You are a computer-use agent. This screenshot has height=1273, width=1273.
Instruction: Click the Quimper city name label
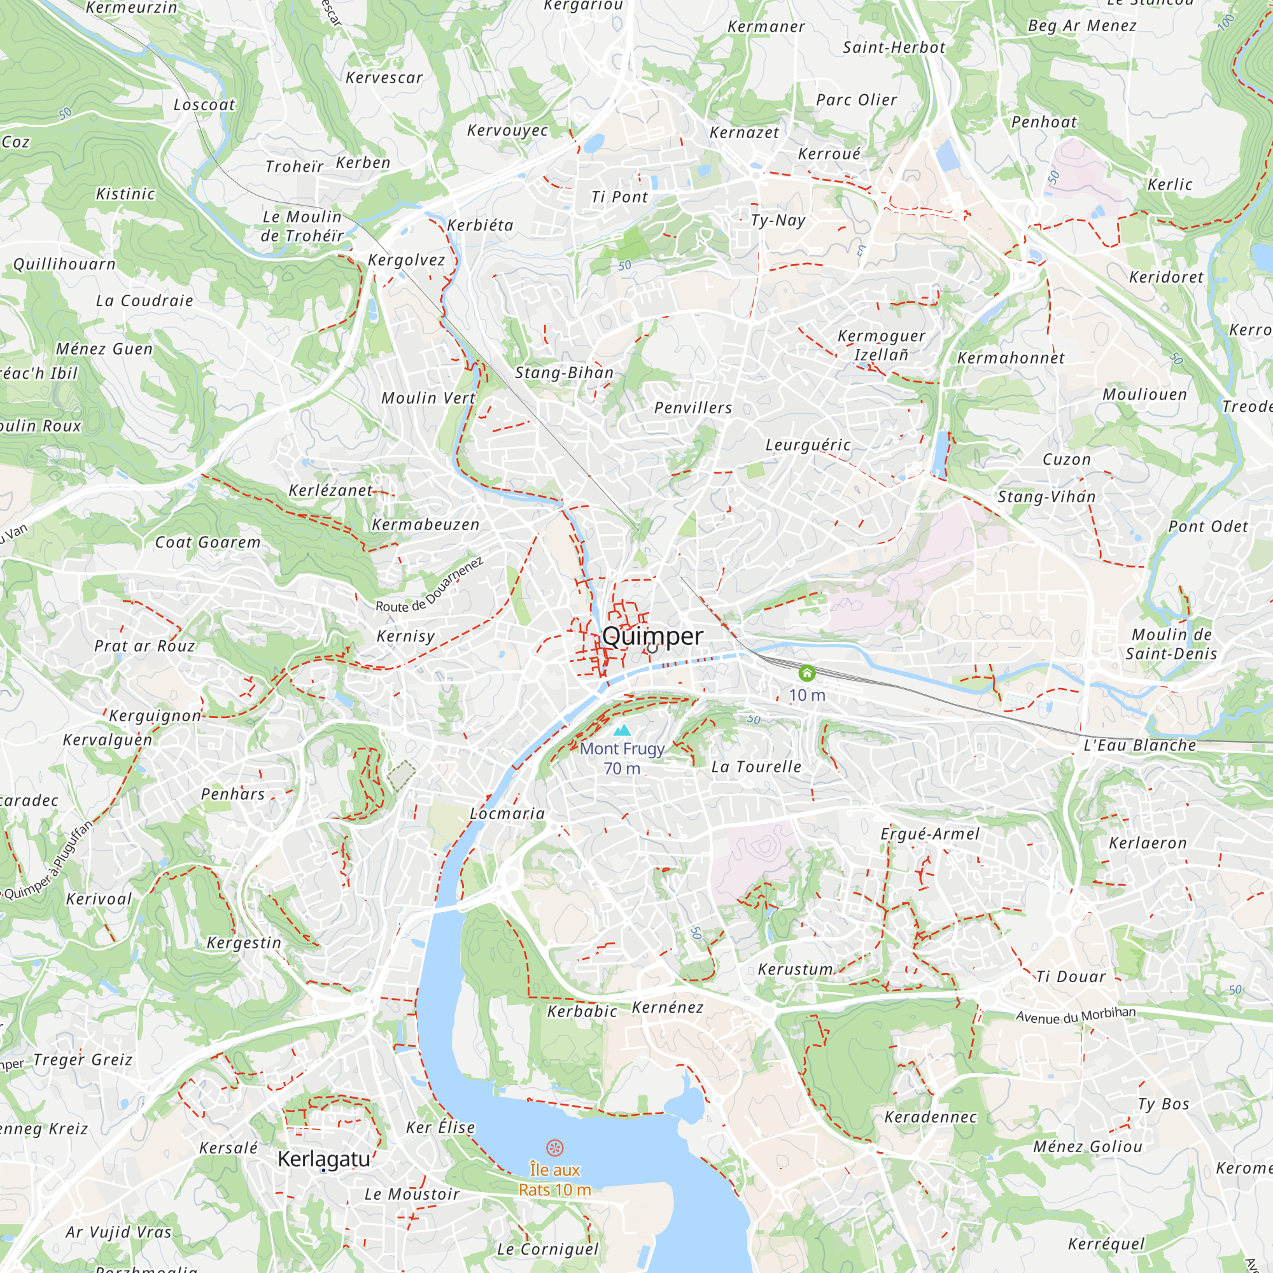click(x=652, y=636)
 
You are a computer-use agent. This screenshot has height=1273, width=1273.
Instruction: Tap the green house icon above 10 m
click(x=806, y=673)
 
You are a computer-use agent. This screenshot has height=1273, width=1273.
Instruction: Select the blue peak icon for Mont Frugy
click(x=621, y=730)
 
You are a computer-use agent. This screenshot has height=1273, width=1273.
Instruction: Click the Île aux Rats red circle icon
click(x=555, y=1148)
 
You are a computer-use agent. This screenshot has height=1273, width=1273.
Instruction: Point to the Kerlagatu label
click(x=323, y=1159)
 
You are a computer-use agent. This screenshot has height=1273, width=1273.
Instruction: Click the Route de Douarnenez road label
click(x=429, y=584)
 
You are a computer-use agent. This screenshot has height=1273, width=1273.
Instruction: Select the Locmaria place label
click(x=507, y=813)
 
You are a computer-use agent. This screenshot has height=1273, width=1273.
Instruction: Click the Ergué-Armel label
click(x=930, y=834)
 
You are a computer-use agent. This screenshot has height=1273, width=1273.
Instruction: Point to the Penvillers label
click(x=693, y=408)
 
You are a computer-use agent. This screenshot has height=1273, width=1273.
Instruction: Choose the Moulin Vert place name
click(x=428, y=398)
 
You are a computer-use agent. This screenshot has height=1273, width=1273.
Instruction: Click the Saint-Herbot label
click(x=894, y=48)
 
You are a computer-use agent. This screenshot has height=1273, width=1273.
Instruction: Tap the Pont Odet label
click(x=1208, y=526)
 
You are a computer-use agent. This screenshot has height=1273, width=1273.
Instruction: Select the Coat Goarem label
click(x=207, y=542)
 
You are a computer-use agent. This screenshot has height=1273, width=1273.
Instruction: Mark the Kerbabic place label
click(x=582, y=1011)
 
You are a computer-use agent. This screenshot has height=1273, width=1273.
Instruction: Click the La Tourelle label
click(x=756, y=767)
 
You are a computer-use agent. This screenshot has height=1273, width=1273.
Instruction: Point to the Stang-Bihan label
click(x=564, y=373)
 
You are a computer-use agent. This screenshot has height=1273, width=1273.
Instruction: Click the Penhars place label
click(x=232, y=794)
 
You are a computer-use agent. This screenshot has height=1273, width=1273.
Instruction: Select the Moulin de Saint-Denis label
click(x=1171, y=644)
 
